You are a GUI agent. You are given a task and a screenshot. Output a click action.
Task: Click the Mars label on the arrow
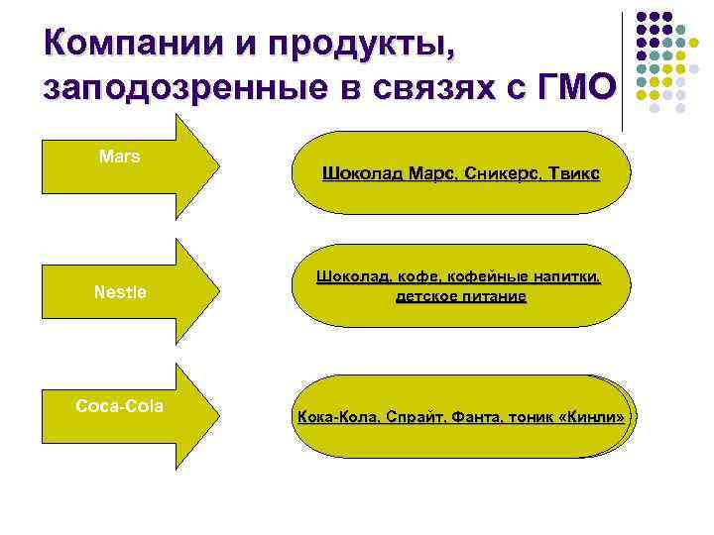click(x=120, y=157)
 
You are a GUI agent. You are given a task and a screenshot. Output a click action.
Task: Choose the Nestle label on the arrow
click(x=120, y=291)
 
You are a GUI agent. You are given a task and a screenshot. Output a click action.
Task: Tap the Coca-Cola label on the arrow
click(x=120, y=406)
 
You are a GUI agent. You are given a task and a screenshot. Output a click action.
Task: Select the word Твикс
click(x=568, y=174)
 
